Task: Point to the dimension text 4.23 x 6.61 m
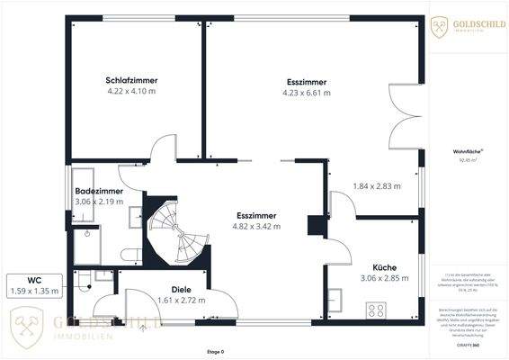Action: click(x=307, y=92)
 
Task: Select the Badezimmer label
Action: click(x=98, y=192)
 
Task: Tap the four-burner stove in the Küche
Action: click(x=375, y=310)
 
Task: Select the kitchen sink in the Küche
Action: click(x=334, y=297)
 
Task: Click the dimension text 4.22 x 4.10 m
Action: click(x=131, y=91)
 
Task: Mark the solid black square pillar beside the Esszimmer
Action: click(x=315, y=224)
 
